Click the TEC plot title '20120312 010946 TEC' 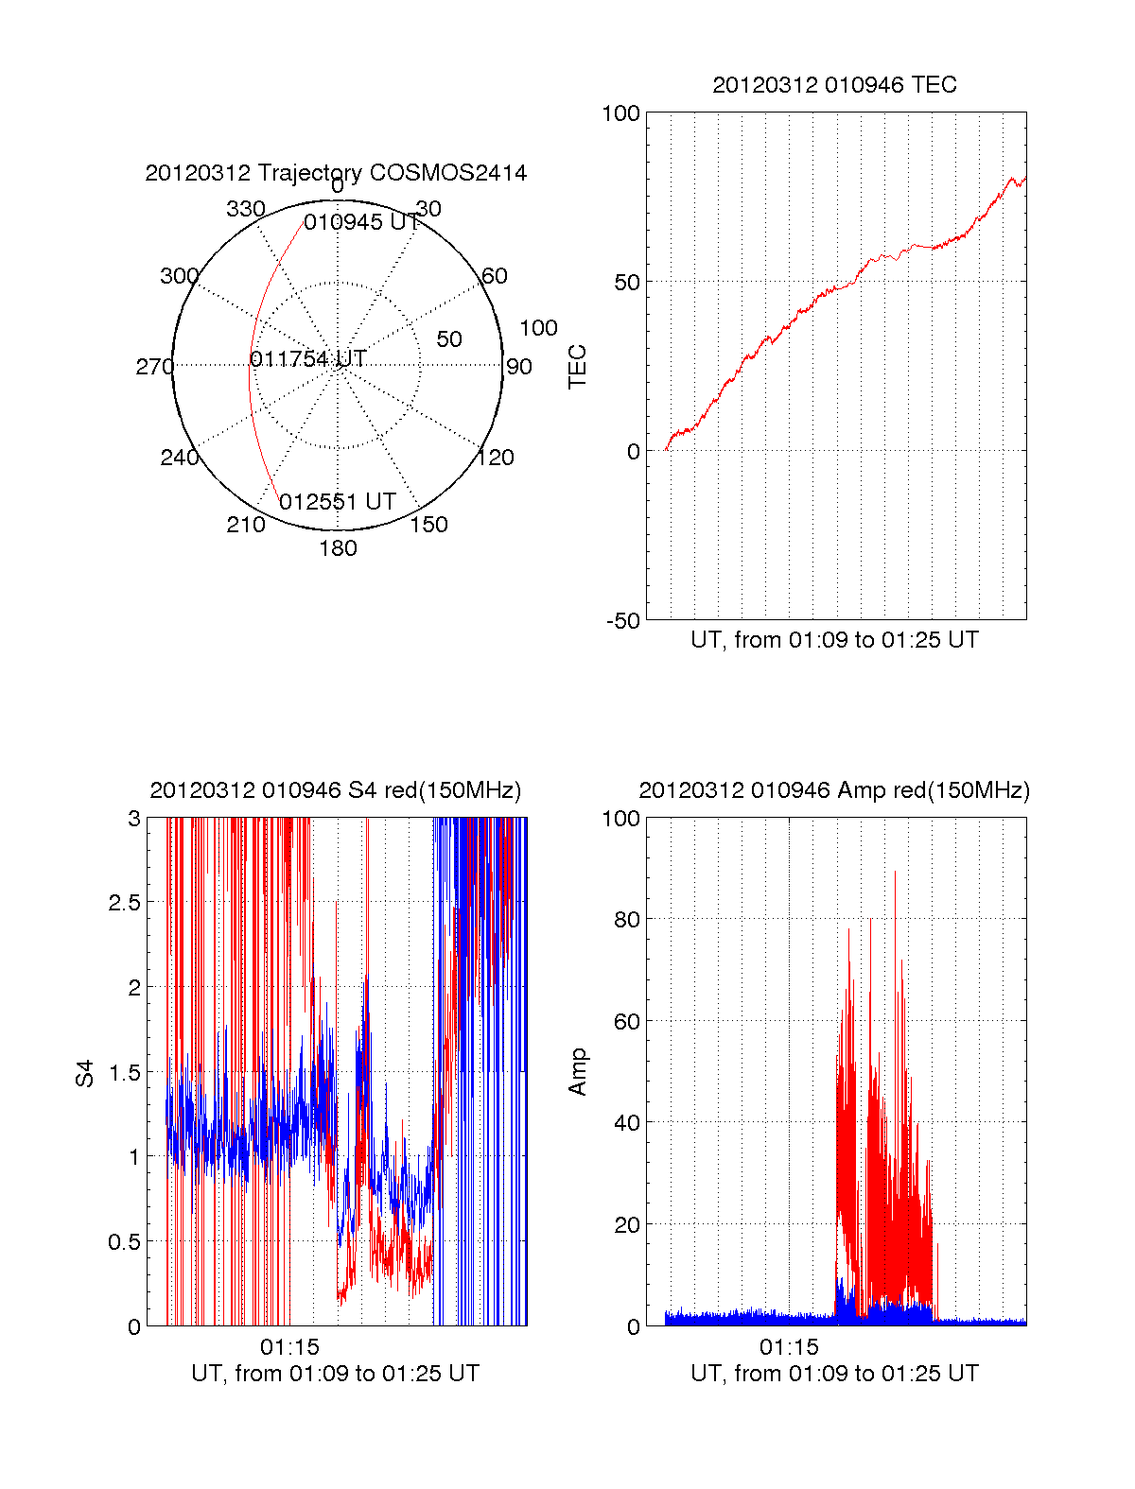(834, 85)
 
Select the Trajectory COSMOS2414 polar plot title (336, 173)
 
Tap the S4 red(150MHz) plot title (336, 790)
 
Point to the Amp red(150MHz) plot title (834, 790)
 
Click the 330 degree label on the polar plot (245, 209)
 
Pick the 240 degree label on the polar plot (179, 458)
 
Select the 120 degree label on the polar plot (496, 458)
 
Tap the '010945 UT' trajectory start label (361, 222)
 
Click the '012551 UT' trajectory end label (338, 502)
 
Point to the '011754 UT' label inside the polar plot (308, 359)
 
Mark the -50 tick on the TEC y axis (623, 621)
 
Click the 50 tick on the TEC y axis (627, 283)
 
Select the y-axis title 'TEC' (577, 367)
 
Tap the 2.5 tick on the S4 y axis (125, 903)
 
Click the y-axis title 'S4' (85, 1074)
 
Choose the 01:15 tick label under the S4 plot (289, 1347)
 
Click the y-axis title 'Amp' (577, 1072)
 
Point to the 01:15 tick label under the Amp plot (789, 1347)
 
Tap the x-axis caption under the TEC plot (834, 640)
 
